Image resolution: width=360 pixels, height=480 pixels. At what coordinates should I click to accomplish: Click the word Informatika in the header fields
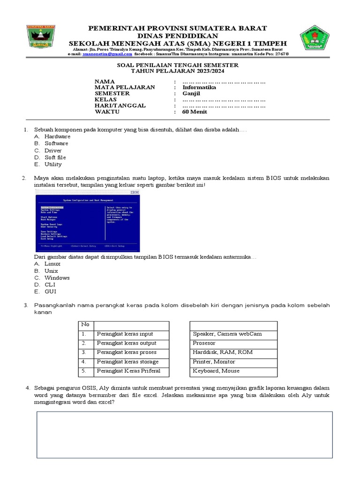tap(199, 87)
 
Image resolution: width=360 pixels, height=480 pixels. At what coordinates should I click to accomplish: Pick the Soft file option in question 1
tap(55, 157)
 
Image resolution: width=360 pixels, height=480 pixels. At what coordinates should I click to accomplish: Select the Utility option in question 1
tap(53, 165)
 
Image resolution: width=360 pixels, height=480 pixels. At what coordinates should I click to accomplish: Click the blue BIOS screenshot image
tap(88, 220)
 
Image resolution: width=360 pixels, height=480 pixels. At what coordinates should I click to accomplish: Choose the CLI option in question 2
tap(50, 285)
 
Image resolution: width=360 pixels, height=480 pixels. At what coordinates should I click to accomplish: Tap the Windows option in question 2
tap(57, 277)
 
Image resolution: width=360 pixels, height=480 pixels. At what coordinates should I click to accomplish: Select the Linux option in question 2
tap(52, 264)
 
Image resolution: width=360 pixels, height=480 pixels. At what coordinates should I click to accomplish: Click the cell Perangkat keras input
tap(125, 334)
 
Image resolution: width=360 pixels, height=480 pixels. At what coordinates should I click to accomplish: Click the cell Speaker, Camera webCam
tap(227, 334)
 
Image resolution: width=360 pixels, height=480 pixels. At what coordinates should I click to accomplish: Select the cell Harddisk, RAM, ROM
tap(223, 352)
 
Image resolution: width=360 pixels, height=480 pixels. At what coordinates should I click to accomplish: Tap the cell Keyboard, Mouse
tap(216, 371)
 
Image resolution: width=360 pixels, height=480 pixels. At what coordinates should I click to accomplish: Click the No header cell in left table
tap(85, 325)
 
